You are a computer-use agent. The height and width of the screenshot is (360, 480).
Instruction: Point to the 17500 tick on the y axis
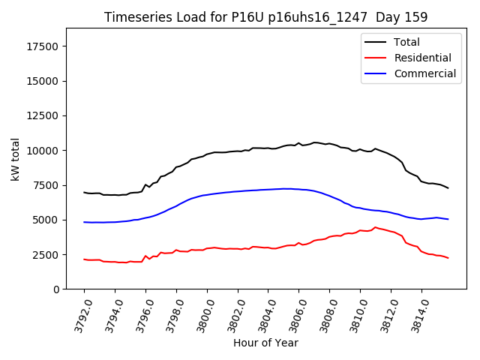coord(43,46)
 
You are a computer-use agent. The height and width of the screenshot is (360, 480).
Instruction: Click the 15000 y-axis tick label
coord(43,81)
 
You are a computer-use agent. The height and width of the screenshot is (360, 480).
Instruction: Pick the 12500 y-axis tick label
coord(43,116)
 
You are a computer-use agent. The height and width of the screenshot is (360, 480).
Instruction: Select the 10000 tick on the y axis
coord(43,151)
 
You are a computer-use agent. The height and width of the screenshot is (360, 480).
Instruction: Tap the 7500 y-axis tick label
coord(46,185)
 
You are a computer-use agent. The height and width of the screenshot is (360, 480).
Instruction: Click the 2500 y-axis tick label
coord(46,255)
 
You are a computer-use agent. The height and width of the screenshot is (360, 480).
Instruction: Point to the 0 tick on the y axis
coord(56,289)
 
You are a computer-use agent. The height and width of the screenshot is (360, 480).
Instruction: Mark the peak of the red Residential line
coord(375,227)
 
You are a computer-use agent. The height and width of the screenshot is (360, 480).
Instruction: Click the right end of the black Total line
coord(448,187)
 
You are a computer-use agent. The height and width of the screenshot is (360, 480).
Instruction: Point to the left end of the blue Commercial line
coord(84,222)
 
